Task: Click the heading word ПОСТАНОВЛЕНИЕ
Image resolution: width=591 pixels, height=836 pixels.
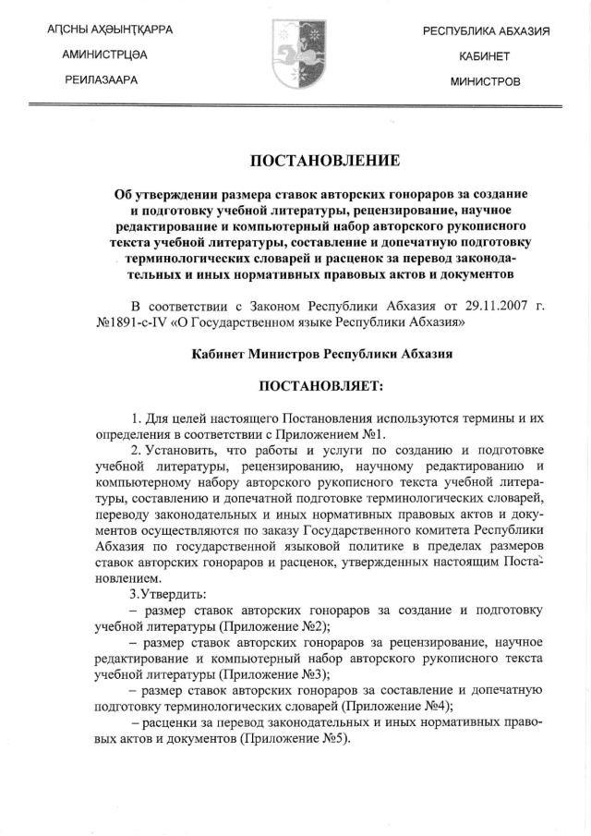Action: click(x=325, y=161)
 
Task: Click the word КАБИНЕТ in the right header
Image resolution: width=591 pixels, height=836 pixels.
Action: click(x=485, y=56)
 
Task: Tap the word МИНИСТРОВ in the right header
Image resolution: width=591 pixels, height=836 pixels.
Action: click(x=485, y=81)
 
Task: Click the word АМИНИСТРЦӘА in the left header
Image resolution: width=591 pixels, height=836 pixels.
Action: click(x=104, y=55)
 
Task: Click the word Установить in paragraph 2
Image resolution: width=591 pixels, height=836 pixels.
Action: click(x=180, y=451)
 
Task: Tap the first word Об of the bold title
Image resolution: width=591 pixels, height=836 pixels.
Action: click(x=122, y=195)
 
